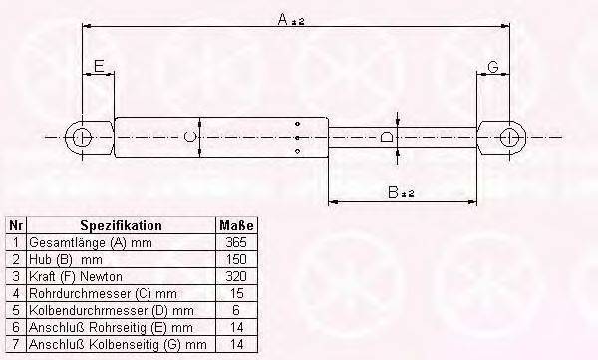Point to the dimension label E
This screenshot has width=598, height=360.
coord(99,66)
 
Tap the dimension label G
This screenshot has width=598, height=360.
coord(493,67)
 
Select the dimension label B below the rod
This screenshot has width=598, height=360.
coord(393,192)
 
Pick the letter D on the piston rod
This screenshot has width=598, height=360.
coord(387,137)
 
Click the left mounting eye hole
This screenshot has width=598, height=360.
coord(82,137)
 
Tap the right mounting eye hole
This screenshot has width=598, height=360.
coord(508,137)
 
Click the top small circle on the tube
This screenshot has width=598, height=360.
coord(297,124)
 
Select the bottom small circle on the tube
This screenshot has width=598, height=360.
coord(297,151)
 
